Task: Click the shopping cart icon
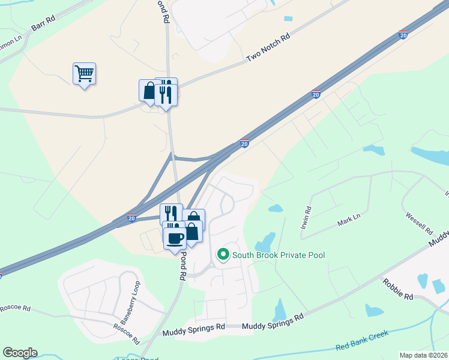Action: [x=84, y=74]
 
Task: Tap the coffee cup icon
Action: [x=175, y=238]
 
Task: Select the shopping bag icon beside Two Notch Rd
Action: [x=149, y=91]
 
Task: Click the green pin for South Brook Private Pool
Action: [x=223, y=256]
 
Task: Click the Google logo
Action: [x=20, y=353]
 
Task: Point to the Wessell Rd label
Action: [x=418, y=222]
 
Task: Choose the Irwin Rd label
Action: [x=306, y=219]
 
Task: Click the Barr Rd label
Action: [x=43, y=27]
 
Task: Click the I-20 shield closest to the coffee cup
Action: [x=131, y=217]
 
